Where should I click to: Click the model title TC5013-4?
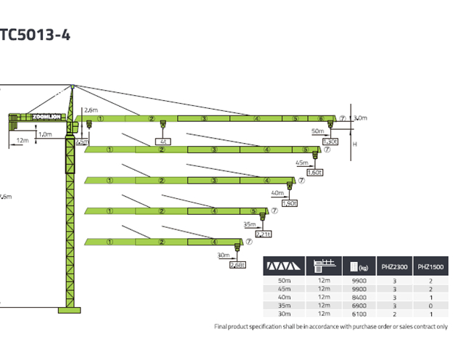36,34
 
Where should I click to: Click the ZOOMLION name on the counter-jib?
46,116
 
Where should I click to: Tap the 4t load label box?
164,142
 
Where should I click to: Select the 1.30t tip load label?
330,142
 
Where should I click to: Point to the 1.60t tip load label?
314,173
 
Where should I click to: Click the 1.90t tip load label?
288,203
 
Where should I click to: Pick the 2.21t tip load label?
263,234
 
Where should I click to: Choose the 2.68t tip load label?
237,265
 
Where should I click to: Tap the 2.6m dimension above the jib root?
91,110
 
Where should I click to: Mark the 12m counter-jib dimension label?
23,139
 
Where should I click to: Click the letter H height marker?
355,144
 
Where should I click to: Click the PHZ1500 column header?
431,267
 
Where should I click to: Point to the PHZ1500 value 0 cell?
431,306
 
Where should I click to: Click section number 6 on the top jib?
320,118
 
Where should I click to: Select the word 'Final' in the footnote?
222,327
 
